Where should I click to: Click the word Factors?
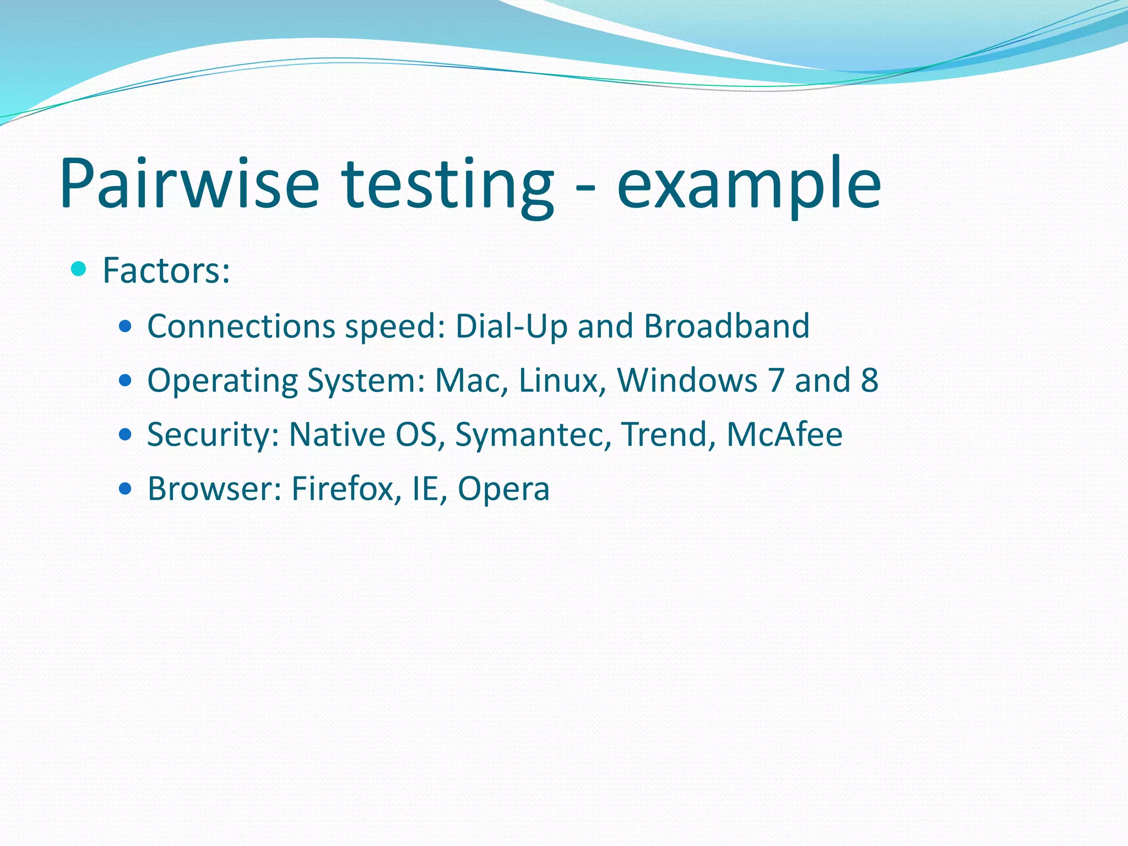tap(166, 270)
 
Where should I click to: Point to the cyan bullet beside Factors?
tap(79, 269)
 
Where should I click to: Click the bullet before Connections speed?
tap(126, 327)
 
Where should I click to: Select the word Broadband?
tap(726, 326)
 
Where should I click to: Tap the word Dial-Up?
tap(511, 327)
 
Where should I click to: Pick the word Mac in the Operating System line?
tap(471, 380)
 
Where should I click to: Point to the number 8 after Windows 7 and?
tap(869, 380)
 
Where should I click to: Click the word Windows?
tap(687, 380)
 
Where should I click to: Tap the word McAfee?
tap(784, 435)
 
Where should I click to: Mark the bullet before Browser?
tap(126, 489)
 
